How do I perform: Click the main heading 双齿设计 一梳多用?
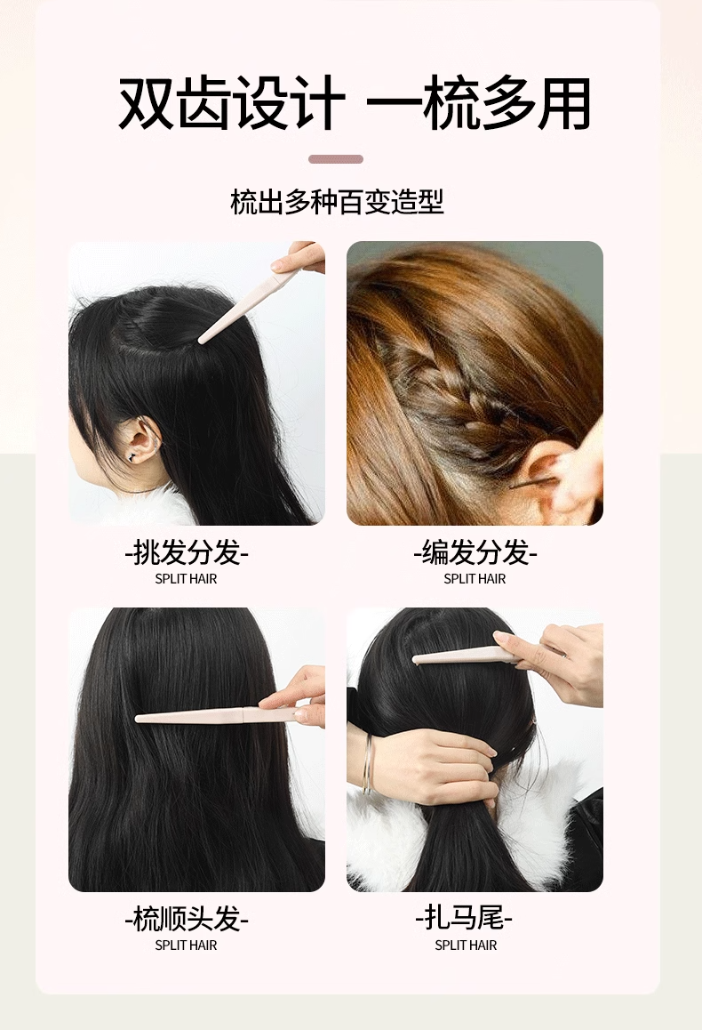click(x=355, y=103)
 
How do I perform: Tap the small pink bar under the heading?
click(x=336, y=159)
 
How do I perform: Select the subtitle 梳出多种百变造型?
click(x=337, y=202)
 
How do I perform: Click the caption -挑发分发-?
click(x=187, y=552)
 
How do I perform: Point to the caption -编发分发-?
click(x=475, y=552)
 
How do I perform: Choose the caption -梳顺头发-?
click(x=187, y=918)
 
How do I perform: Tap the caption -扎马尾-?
click(x=465, y=917)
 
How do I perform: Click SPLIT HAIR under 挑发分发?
click(x=186, y=579)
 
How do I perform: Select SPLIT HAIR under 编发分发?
click(x=475, y=579)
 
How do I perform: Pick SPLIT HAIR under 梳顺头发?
click(x=186, y=946)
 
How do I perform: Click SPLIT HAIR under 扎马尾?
click(x=466, y=946)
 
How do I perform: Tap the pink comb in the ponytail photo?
click(x=473, y=655)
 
